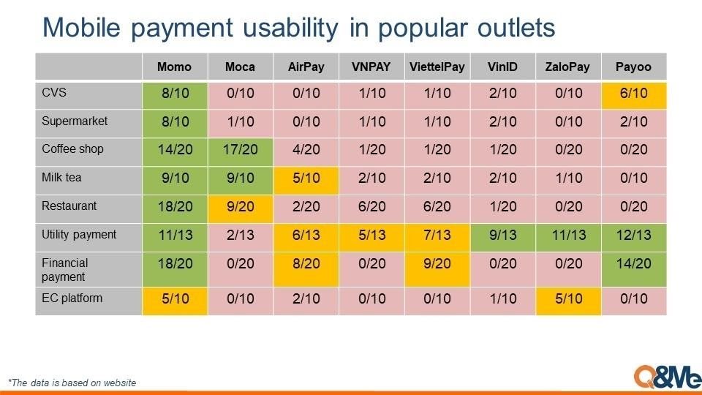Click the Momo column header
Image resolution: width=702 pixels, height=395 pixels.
tap(175, 67)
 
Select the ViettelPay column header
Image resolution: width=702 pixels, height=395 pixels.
tap(437, 67)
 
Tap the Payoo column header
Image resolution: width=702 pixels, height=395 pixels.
tap(633, 67)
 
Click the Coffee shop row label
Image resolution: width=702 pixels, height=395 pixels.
tap(72, 148)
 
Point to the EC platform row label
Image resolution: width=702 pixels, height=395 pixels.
tap(72, 298)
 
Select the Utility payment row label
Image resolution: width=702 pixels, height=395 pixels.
tap(79, 234)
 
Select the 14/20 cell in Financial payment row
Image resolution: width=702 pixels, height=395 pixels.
tap(634, 268)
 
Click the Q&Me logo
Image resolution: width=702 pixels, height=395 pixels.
tap(668, 377)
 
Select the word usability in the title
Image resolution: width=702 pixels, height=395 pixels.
tap(290, 28)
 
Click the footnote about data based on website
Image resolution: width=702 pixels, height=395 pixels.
tap(72, 383)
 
